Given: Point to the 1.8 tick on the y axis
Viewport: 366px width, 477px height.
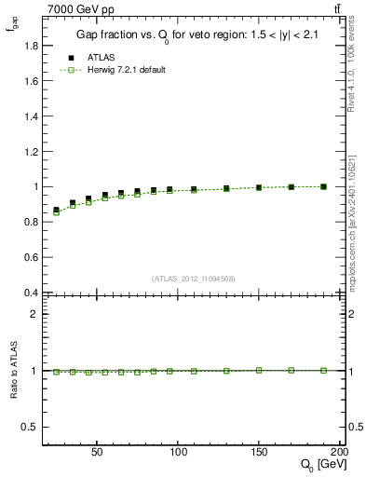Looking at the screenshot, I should pyautogui.click(x=30, y=45).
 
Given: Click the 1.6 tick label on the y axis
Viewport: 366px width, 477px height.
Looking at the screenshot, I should pyautogui.click(x=30, y=80).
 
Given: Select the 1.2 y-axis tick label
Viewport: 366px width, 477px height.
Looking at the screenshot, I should pyautogui.click(x=30, y=151).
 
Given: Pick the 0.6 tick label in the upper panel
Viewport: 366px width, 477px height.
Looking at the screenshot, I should pyautogui.click(x=30, y=257).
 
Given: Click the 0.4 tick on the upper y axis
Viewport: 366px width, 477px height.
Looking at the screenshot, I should pyautogui.click(x=30, y=293).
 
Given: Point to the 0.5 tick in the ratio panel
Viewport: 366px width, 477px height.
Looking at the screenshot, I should pyautogui.click(x=30, y=427).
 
